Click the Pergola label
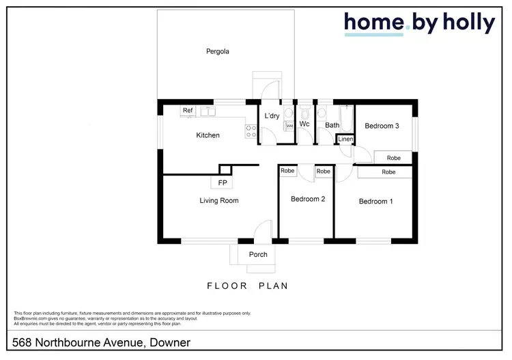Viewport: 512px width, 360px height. point(218,51)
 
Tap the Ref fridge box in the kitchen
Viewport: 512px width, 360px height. point(188,111)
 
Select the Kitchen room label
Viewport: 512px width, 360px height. point(208,135)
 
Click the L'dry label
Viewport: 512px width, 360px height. point(272,116)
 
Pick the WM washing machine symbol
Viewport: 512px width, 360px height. point(289,126)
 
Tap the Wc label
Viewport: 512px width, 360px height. point(305,124)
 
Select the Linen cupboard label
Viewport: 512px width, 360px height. point(346,140)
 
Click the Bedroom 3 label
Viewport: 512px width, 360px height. point(382,126)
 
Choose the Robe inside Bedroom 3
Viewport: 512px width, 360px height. point(393,158)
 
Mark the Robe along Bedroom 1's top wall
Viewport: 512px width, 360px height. point(388,172)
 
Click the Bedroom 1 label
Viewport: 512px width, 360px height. point(375,202)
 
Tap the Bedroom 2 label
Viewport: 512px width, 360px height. point(307,199)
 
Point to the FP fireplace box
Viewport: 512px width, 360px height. point(222,183)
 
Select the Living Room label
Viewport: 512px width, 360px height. point(218,201)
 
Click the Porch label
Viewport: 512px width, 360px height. point(258,255)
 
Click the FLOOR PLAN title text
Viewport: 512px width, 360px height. point(247,286)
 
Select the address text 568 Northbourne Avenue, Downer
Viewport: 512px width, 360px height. point(102,342)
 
